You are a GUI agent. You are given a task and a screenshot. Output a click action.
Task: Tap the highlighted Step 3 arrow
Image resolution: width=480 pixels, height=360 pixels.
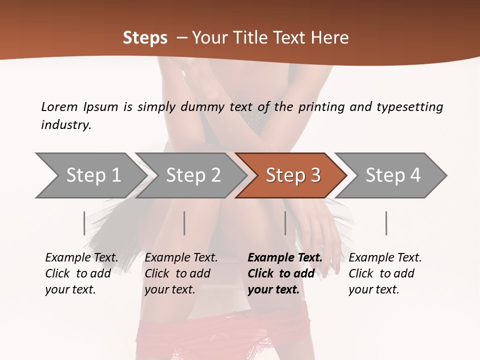click(293, 175)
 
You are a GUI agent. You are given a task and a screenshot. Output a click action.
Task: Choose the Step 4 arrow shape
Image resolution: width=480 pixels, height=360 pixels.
click(393, 175)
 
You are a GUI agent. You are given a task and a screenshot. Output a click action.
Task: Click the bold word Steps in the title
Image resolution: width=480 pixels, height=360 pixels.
click(145, 38)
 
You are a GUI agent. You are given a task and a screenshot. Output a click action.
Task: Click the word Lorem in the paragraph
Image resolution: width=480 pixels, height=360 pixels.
click(59, 107)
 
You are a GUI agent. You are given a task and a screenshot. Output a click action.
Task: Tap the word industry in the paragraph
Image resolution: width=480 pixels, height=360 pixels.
click(66, 125)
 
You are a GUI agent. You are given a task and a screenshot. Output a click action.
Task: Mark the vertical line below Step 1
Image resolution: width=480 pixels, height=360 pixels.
click(84, 223)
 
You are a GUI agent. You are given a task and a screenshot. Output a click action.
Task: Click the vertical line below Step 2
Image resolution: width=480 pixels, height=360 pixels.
click(184, 223)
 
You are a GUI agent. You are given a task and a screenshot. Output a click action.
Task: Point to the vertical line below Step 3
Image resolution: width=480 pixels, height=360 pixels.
click(285, 223)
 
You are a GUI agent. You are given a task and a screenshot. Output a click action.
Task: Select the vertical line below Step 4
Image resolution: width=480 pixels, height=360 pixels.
click(386, 223)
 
